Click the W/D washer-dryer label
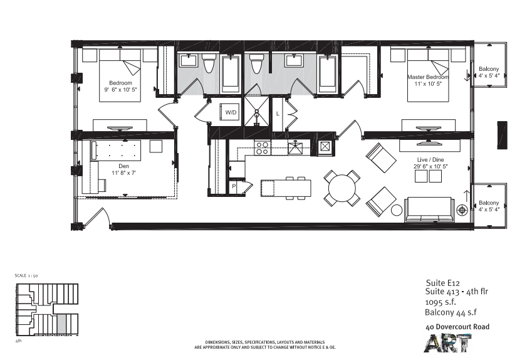[231, 112]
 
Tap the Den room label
[123, 166]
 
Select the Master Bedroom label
[428, 77]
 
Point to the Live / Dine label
[430, 160]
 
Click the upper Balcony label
[489, 69]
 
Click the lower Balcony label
[489, 203]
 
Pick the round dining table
[342, 188]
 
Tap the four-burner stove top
[262, 148]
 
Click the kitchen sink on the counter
[295, 148]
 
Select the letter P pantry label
[234, 186]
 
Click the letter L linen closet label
[278, 114]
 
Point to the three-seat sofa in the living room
[429, 209]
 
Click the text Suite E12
[443, 283]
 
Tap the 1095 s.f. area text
[441, 302]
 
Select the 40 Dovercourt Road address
[457, 327]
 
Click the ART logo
[447, 343]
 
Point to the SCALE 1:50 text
[26, 275]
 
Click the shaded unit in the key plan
[61, 323]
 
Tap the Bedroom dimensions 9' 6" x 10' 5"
[120, 90]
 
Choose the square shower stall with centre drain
[256, 112]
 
